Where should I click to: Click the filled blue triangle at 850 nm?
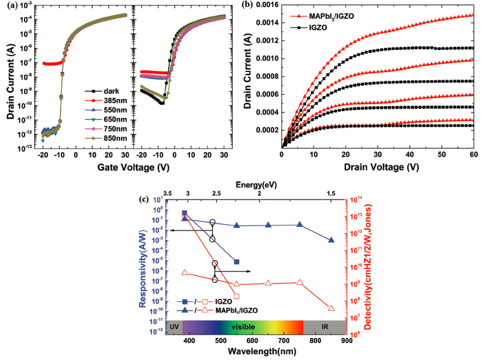tap(332, 240)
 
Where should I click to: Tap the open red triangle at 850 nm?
tap(332, 308)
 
